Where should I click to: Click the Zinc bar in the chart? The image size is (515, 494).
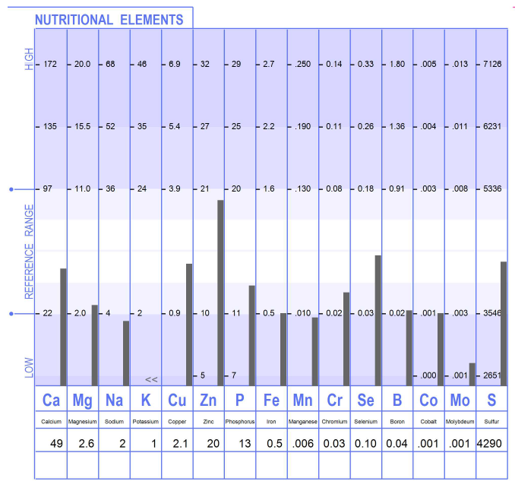[x=220, y=293]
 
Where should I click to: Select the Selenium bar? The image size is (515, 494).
[x=378, y=320]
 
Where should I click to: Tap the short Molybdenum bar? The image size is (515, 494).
[x=472, y=374]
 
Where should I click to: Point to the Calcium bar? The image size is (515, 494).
[x=63, y=327]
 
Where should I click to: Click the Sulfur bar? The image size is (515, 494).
[x=504, y=323]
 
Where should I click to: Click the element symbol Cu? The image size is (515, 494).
[x=177, y=401]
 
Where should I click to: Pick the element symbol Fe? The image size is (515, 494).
[x=271, y=401]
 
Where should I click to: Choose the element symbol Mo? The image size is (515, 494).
[x=460, y=401]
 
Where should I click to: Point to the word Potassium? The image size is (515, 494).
[x=146, y=421]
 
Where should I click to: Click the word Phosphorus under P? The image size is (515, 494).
[x=240, y=421]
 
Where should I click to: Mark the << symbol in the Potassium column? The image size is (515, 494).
[x=151, y=378]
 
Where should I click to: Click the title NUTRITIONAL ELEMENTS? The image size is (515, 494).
[x=109, y=20]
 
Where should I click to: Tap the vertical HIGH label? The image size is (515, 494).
[x=30, y=59]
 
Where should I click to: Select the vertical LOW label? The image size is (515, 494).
[x=30, y=367]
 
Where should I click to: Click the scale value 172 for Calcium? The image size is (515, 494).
[x=51, y=64]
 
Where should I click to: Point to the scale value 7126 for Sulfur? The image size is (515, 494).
[x=492, y=64]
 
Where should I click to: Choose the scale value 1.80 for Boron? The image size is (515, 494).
[x=397, y=64]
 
